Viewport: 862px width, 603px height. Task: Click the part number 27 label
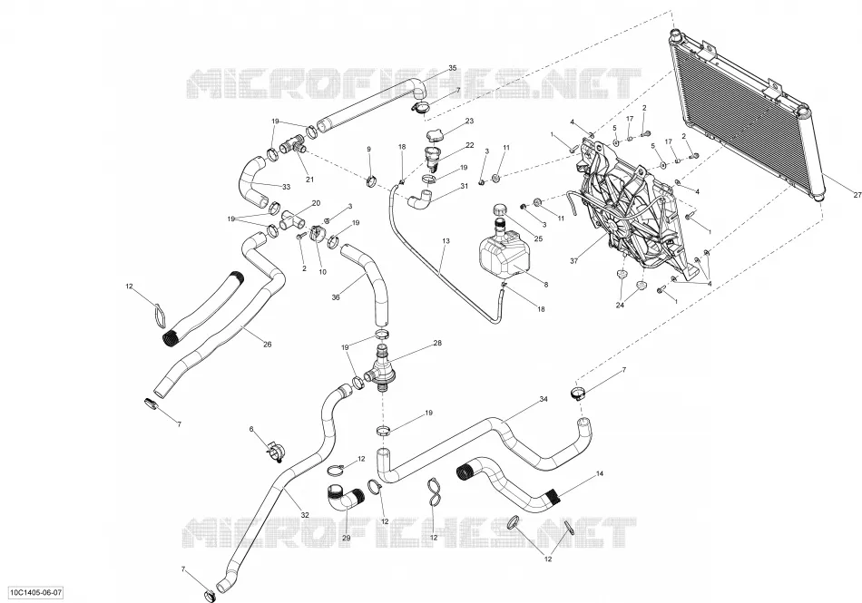pyautogui.click(x=857, y=195)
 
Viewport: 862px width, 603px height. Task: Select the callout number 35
pyautogui.click(x=453, y=68)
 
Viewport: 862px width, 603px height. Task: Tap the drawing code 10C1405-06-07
pyautogui.click(x=35, y=593)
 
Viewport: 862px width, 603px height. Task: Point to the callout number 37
pyautogui.click(x=574, y=261)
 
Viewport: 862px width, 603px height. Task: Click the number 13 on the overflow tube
pyautogui.click(x=446, y=241)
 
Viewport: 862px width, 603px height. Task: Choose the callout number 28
pyautogui.click(x=437, y=344)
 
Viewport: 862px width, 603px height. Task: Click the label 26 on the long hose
pyautogui.click(x=267, y=345)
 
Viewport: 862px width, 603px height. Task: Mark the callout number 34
pyautogui.click(x=544, y=399)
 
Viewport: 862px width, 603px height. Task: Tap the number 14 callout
pyautogui.click(x=599, y=473)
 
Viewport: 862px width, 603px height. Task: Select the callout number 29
pyautogui.click(x=347, y=539)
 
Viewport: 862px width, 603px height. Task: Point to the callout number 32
pyautogui.click(x=305, y=515)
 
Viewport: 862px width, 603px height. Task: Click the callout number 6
pyautogui.click(x=251, y=429)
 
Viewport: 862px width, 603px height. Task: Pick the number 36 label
pyautogui.click(x=336, y=297)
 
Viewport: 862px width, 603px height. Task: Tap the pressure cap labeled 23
pyautogui.click(x=434, y=135)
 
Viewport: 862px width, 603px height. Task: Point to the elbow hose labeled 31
pyautogui.click(x=420, y=199)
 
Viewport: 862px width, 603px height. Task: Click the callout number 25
pyautogui.click(x=538, y=238)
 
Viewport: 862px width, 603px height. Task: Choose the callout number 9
pyautogui.click(x=369, y=149)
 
